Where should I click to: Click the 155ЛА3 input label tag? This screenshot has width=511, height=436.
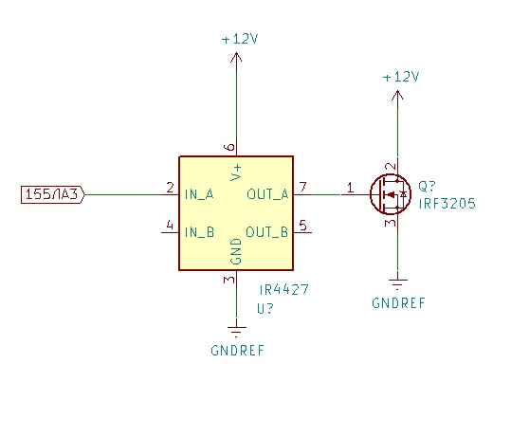(x=53, y=194)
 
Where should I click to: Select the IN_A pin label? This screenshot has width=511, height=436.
(x=199, y=194)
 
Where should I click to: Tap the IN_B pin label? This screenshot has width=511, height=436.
(x=199, y=232)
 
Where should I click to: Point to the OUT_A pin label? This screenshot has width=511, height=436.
(x=267, y=194)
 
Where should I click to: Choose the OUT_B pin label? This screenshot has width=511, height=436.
(x=267, y=232)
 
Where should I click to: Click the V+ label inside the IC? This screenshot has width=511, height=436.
(x=236, y=173)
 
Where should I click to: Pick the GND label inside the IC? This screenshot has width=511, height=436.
(x=236, y=251)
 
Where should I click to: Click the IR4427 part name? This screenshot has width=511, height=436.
(x=283, y=289)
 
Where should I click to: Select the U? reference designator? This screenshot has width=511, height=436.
(x=265, y=308)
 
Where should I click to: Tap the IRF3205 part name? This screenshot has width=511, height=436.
(x=447, y=204)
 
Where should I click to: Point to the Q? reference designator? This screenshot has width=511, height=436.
(x=427, y=187)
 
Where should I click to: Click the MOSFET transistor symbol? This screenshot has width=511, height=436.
(x=391, y=194)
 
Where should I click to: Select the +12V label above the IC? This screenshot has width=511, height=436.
(x=240, y=39)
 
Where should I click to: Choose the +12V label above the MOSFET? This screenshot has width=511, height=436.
(x=401, y=77)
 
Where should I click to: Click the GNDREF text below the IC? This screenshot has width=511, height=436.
(x=237, y=351)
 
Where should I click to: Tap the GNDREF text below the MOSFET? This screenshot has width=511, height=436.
(x=398, y=303)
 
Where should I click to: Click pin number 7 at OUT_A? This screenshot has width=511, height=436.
(x=303, y=187)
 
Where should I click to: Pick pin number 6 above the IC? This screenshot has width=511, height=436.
(x=229, y=147)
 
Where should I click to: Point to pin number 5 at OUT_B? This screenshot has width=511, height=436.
(x=302, y=226)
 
